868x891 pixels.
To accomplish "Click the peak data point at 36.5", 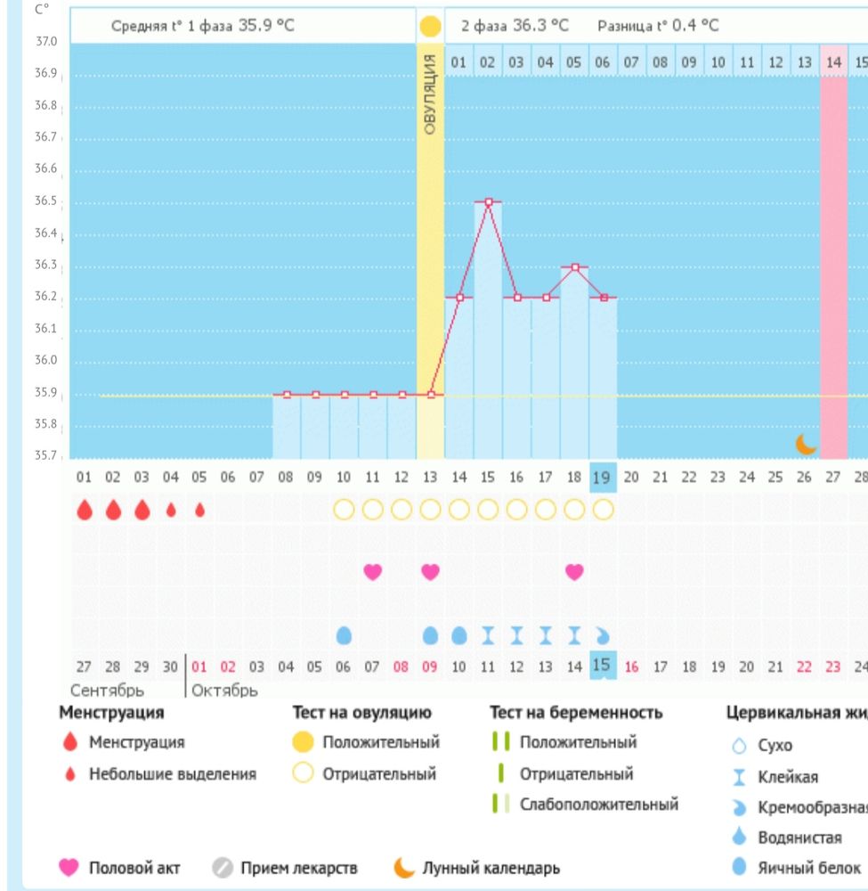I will tap(488, 202).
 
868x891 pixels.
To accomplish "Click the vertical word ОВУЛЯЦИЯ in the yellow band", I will tap(430, 94).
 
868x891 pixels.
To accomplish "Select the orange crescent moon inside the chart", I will tap(806, 443).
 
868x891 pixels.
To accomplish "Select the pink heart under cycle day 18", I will tap(574, 571).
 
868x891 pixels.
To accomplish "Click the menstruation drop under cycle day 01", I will tap(85, 510).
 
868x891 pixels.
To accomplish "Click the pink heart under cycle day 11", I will tap(373, 571).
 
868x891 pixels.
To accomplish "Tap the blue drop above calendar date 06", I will tap(344, 635).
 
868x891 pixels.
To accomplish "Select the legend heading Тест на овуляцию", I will tap(362, 713).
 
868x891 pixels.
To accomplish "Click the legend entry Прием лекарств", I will tap(299, 867).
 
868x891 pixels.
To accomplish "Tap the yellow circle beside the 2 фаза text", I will tap(430, 27).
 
